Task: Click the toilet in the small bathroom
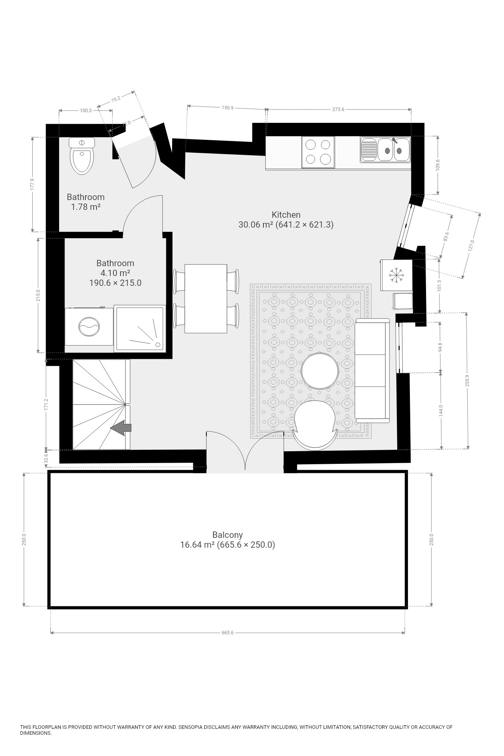pos(82,156)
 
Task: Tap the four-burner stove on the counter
pos(318,152)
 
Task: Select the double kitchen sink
pos(385,150)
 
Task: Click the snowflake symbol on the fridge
pos(397,275)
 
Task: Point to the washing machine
pos(89,326)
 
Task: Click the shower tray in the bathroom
pos(139,328)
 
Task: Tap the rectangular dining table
pos(206,298)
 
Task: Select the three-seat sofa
pos(372,371)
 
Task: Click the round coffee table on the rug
pos(319,371)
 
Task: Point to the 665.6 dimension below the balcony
pos(228,633)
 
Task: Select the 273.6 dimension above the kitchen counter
pos(338,109)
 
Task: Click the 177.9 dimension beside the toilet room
pos(33,185)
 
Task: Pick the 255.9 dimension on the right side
pos(467,380)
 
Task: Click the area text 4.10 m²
pos(115,273)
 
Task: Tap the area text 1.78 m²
pos(85,207)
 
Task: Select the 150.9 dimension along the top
pos(228,108)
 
